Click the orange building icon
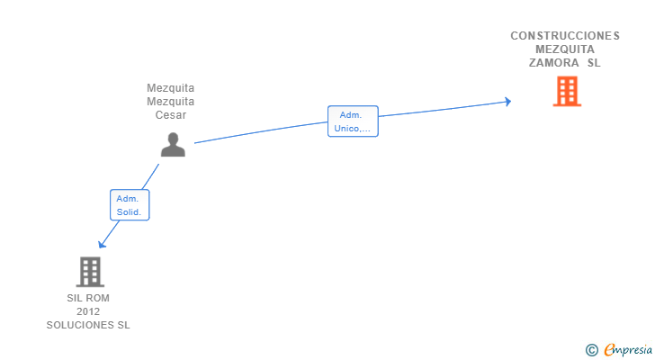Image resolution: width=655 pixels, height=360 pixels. click(567, 91)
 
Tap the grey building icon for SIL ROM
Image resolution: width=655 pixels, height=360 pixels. click(89, 271)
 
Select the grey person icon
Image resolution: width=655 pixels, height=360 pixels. click(173, 144)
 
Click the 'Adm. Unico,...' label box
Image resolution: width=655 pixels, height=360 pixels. click(353, 121)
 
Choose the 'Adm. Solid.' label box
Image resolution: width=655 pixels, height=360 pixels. click(130, 206)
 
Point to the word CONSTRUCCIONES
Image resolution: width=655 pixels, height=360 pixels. click(565, 36)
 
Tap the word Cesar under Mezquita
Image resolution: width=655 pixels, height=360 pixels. click(171, 115)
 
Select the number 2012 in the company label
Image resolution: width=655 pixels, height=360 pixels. click(88, 311)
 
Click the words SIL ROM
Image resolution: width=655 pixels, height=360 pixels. click(88, 298)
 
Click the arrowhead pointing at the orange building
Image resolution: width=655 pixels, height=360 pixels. click(507, 101)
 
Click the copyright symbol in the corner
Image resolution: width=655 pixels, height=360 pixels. click(592, 350)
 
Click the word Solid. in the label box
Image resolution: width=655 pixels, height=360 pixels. click(130, 213)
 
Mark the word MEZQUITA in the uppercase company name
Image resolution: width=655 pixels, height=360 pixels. click(565, 49)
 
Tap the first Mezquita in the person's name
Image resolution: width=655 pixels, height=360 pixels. click(171, 88)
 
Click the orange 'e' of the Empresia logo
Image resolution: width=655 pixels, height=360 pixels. click(609, 350)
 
